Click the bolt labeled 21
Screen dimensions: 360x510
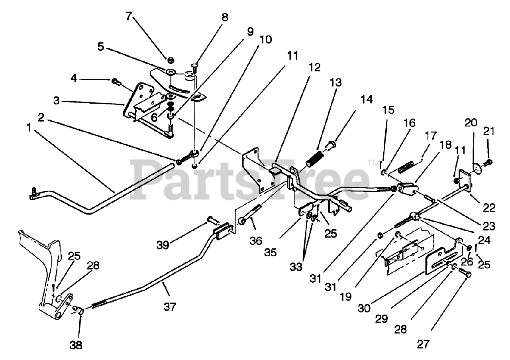tap(488, 162)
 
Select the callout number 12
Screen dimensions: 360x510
tap(314, 67)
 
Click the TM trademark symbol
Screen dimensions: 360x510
tap(373, 163)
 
